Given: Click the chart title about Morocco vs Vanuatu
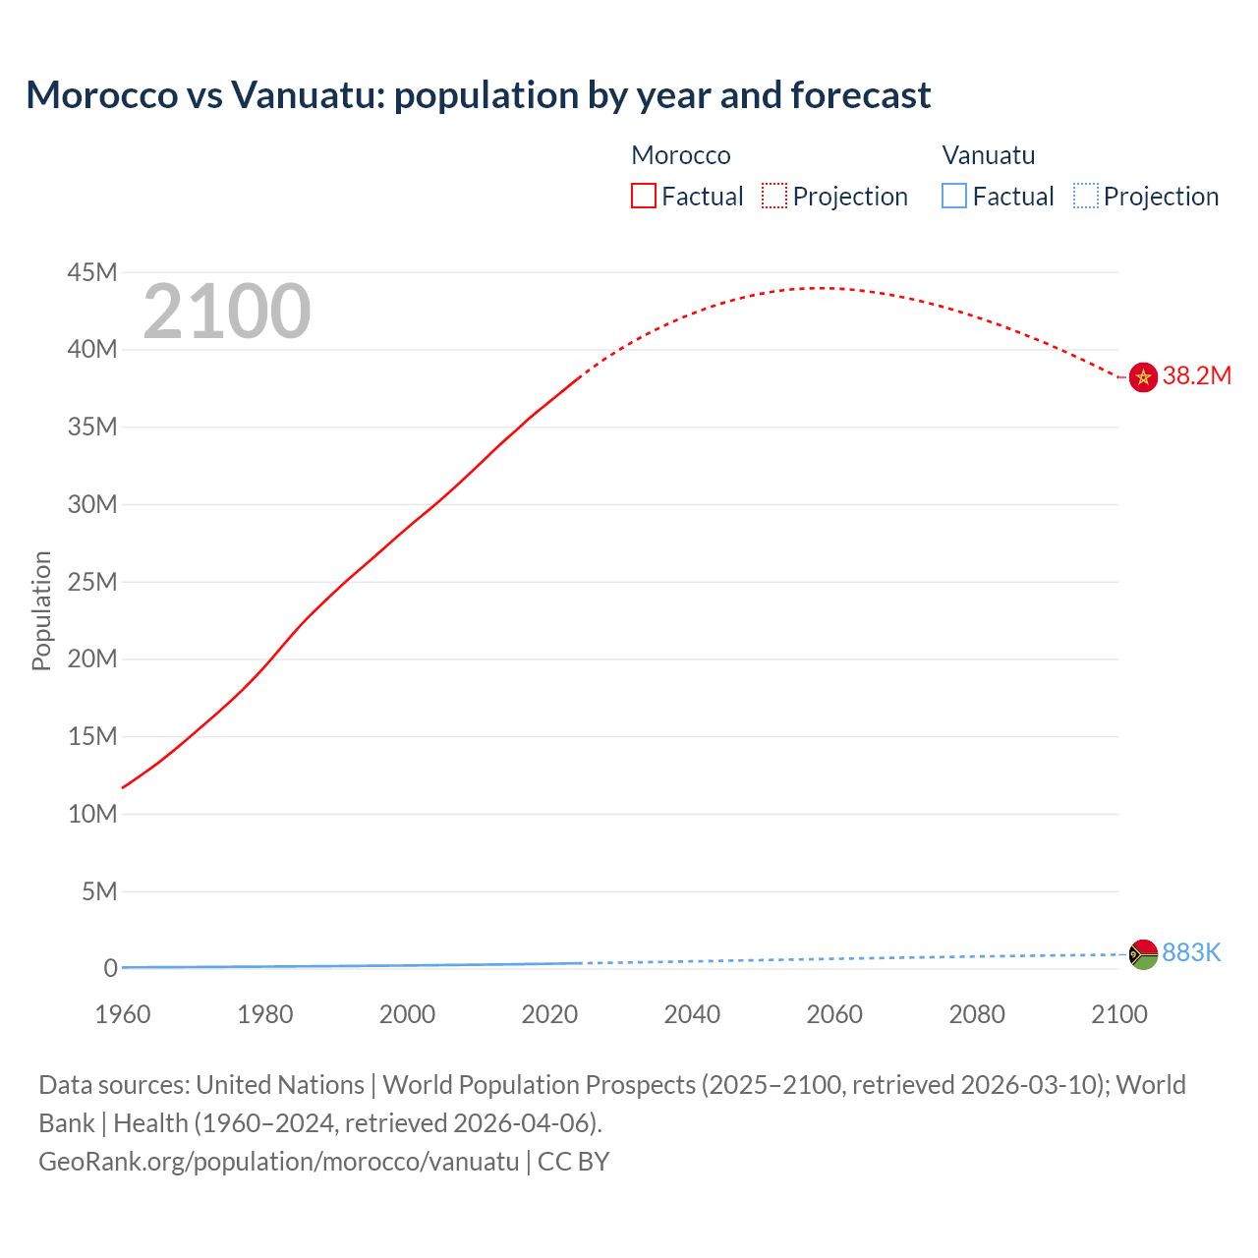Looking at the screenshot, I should click(x=478, y=95).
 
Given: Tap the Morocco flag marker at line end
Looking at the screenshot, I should click(x=1143, y=376).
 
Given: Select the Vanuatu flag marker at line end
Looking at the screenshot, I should click(x=1143, y=954).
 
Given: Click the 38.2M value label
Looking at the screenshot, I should click(x=1196, y=376).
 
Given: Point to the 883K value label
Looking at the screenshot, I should click(x=1191, y=952).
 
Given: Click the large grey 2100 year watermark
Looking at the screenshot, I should click(x=227, y=313).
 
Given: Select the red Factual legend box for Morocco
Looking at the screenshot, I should click(x=644, y=197).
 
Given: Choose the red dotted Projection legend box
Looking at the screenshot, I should click(x=774, y=197).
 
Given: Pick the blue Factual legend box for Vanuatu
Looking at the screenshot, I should click(x=954, y=197).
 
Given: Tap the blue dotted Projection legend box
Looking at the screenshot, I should click(x=1086, y=197).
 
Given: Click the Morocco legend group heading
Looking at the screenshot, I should click(x=681, y=155).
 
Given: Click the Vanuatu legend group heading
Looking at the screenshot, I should click(x=989, y=155).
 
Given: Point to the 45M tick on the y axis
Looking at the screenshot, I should click(x=92, y=272).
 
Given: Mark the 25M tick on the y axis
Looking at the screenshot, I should click(x=92, y=582).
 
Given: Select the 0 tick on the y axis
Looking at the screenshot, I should click(x=110, y=969).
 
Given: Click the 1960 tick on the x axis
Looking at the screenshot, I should click(x=123, y=1014).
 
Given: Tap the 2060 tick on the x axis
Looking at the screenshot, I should click(x=834, y=1014).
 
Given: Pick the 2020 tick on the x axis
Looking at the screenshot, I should click(x=549, y=1014).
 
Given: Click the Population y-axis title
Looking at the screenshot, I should click(x=41, y=610).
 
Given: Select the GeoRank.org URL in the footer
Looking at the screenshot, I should click(x=278, y=1162).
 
